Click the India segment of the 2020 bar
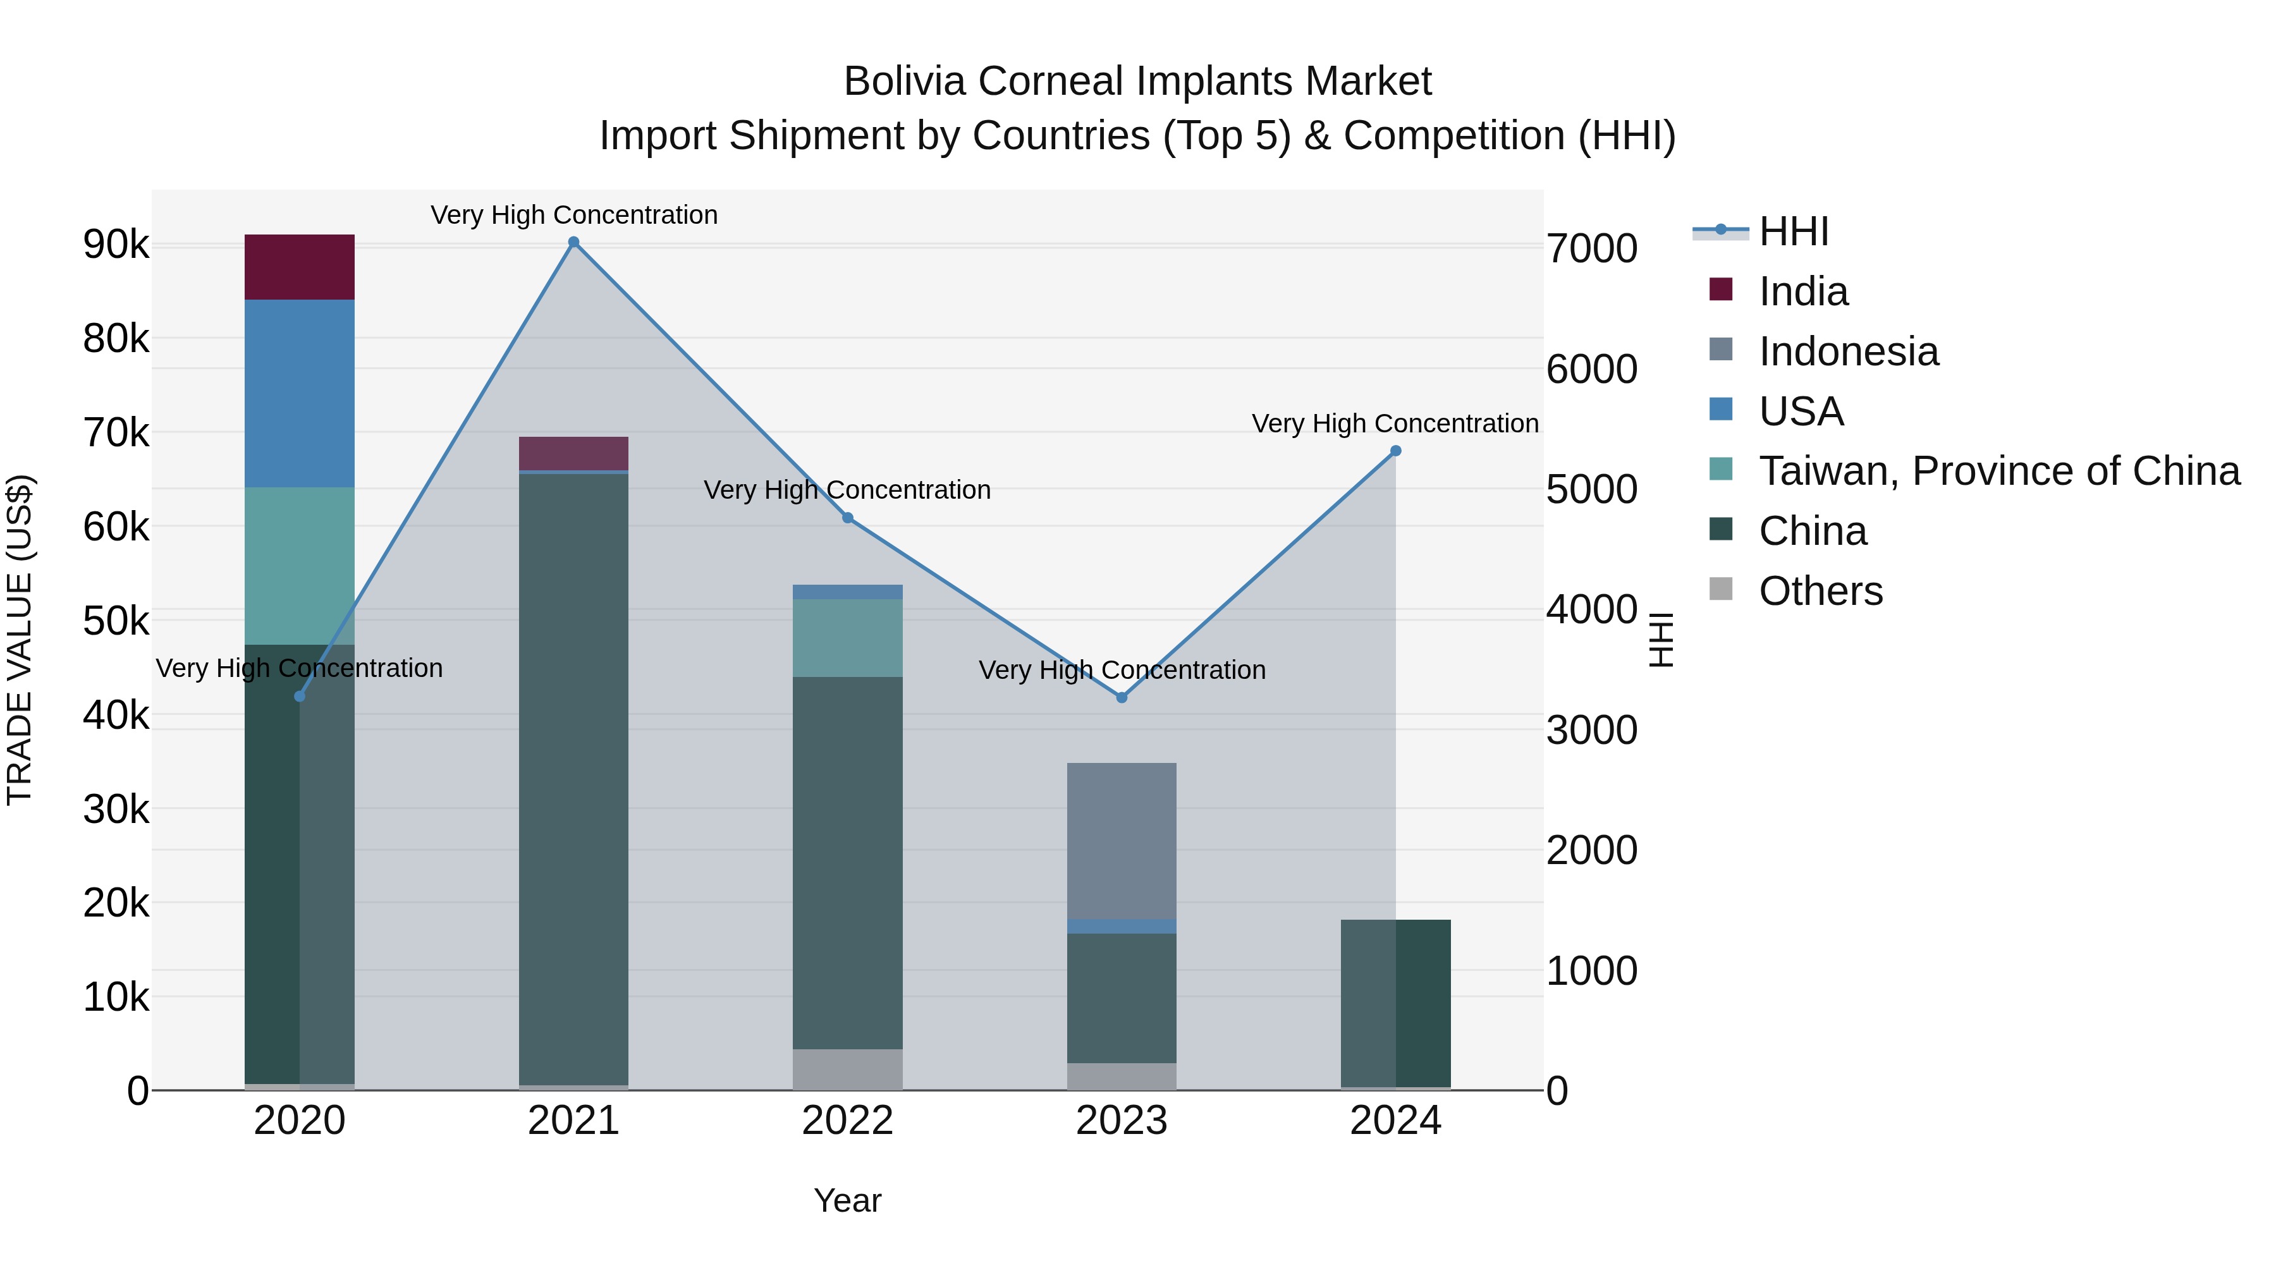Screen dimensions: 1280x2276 [x=300, y=267]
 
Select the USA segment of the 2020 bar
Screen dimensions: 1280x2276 [x=300, y=393]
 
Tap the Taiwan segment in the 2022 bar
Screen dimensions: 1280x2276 [x=847, y=638]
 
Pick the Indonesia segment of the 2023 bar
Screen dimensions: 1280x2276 [x=1121, y=840]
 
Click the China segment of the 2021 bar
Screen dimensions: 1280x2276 [x=573, y=777]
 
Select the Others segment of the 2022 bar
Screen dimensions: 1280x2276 [x=847, y=1069]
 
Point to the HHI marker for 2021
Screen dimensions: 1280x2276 [x=573, y=242]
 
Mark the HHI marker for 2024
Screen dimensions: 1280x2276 [x=1396, y=451]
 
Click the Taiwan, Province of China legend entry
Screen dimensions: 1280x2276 [x=1998, y=471]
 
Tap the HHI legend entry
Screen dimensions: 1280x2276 [x=1793, y=231]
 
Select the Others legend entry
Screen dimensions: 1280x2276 [x=1820, y=591]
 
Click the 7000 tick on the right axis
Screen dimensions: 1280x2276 [x=1591, y=248]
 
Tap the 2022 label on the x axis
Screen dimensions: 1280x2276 [x=847, y=1120]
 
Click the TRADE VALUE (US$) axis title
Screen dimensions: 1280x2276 [x=20, y=640]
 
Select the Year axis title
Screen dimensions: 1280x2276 [x=847, y=1200]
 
